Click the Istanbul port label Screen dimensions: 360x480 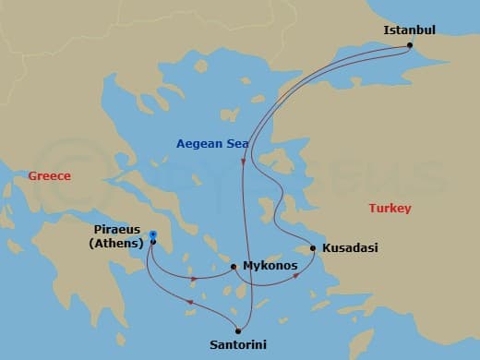[x=409, y=30]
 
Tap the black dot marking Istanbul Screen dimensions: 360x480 [x=410, y=45]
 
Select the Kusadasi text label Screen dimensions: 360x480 [x=349, y=248]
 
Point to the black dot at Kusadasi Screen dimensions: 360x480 [x=314, y=248]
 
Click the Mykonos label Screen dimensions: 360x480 [x=270, y=266]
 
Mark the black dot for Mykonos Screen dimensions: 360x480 [x=234, y=267]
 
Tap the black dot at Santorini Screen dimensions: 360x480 [x=237, y=330]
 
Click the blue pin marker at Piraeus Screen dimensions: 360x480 [x=152, y=236]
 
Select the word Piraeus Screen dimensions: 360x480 [x=118, y=230]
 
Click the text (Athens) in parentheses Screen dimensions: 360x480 [x=116, y=244]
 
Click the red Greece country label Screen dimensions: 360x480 [x=49, y=175]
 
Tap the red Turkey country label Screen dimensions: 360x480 [x=390, y=209]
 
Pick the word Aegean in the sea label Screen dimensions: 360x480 [x=199, y=143]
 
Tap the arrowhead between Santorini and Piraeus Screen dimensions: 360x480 [x=188, y=302]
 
